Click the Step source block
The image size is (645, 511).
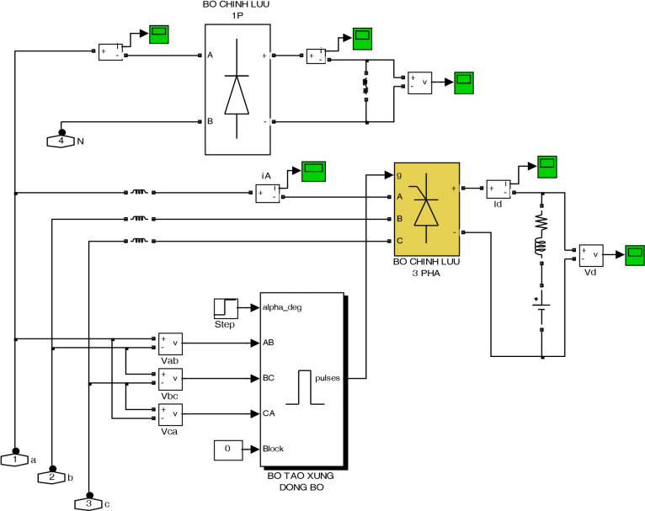tap(226, 308)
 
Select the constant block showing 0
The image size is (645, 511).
tap(228, 450)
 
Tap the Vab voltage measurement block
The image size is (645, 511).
tap(170, 343)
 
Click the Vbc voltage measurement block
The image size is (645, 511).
tap(170, 379)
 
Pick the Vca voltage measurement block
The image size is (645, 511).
tap(170, 414)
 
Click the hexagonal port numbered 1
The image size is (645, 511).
tap(15, 460)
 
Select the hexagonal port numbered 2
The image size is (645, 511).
tap(52, 477)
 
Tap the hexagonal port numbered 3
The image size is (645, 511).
tap(89, 503)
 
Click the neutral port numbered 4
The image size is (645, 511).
tap(61, 141)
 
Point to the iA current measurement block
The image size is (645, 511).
tap(268, 194)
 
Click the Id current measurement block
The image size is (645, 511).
tap(498, 189)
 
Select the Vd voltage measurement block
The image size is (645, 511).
tap(591, 255)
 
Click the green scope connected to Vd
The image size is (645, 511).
tap(635, 255)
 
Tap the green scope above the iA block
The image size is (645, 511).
tap(313, 172)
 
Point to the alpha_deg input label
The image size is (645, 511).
tap(282, 307)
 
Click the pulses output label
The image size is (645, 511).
tap(328, 378)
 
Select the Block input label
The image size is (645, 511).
tap(273, 449)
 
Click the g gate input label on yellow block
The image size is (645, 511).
tap(399, 176)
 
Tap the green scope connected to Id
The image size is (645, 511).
tap(547, 167)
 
